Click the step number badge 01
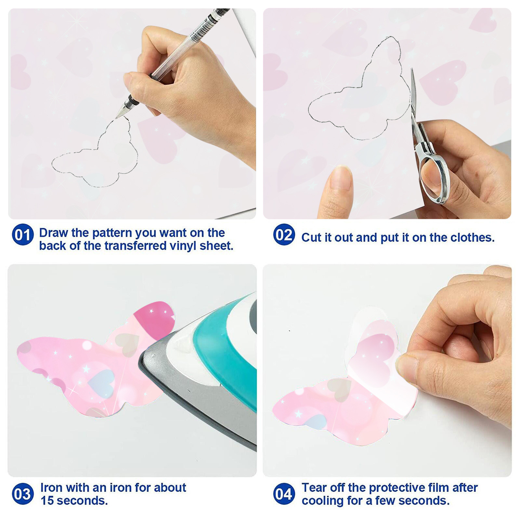(x=23, y=234)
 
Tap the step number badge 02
(x=284, y=234)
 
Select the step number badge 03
(x=23, y=494)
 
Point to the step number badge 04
(x=284, y=494)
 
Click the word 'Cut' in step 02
(x=311, y=238)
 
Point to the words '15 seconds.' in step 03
(x=74, y=500)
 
